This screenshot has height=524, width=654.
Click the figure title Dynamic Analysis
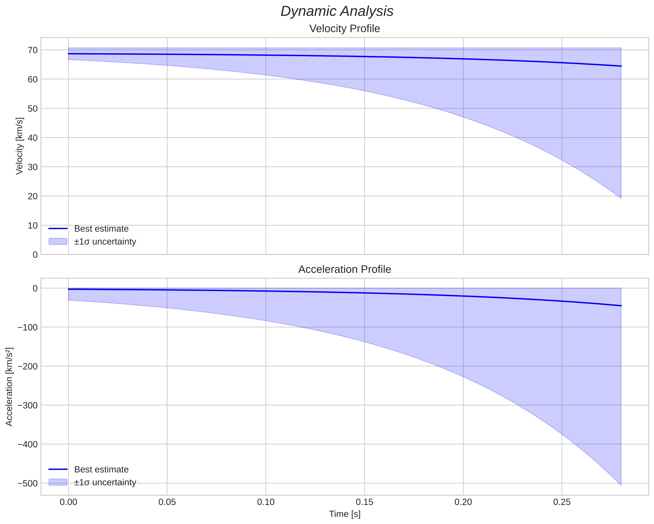337,11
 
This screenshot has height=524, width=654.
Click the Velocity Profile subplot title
344,29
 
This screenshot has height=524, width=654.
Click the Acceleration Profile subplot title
344,269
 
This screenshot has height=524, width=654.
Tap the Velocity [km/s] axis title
19,146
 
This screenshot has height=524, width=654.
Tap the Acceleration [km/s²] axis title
9,387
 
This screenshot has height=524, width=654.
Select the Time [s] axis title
345,514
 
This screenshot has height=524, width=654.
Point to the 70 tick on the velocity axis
32,50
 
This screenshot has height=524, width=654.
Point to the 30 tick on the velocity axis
32,167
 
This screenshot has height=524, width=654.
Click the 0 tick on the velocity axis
35,255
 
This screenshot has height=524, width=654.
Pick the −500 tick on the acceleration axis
28,483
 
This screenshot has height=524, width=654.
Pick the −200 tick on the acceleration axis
28,366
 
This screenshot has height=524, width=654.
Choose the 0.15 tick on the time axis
364,502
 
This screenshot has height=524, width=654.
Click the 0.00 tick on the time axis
68,502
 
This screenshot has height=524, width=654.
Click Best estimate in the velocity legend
101,229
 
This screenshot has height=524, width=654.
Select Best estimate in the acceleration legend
101,470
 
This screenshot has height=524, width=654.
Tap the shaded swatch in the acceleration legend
58,482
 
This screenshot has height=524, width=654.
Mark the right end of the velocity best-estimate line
621,66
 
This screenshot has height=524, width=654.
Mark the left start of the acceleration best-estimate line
69,289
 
